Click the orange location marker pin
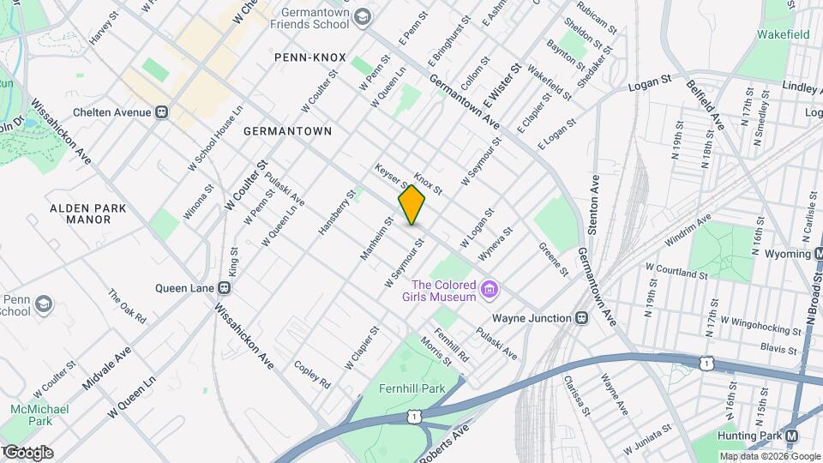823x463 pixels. click(411, 205)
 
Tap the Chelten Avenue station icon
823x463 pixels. click(161, 112)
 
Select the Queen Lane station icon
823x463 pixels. click(225, 288)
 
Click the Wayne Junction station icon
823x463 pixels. click(582, 318)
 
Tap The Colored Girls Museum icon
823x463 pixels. click(490, 291)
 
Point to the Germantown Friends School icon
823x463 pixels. click(363, 17)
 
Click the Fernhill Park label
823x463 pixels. click(412, 388)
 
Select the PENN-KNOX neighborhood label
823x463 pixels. click(309, 57)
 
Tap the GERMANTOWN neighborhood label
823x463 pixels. click(287, 131)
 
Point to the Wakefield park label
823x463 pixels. click(784, 35)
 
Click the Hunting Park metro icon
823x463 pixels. click(791, 436)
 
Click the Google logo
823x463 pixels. click(27, 452)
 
